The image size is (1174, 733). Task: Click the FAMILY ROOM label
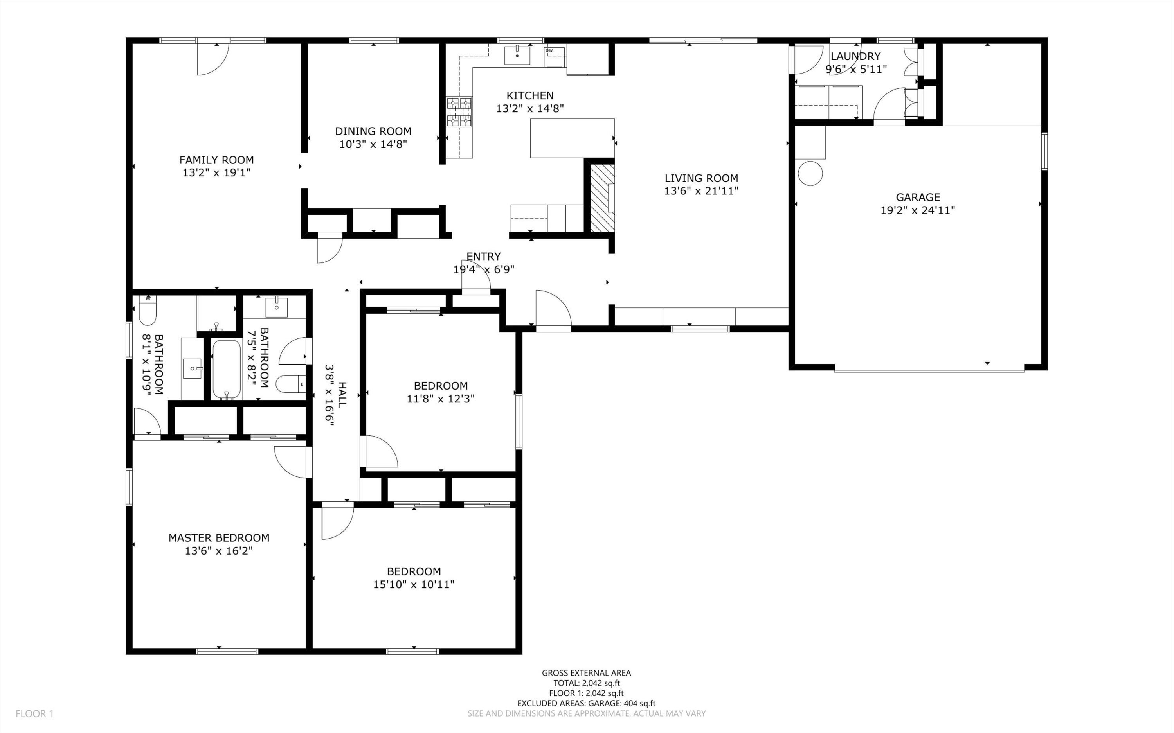coord(217,160)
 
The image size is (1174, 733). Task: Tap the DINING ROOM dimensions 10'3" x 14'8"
coord(373,144)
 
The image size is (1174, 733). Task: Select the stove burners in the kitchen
coord(459,111)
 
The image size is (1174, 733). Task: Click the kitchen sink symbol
coord(517,55)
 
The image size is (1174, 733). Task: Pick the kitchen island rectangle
coord(572,138)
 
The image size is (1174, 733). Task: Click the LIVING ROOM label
coord(701,178)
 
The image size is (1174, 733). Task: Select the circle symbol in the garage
coord(810,173)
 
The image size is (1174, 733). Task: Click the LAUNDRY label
coord(856,56)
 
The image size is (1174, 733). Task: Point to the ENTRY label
coord(483,257)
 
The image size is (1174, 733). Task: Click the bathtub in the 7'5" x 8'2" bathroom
coord(227,369)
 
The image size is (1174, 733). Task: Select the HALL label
coord(342,395)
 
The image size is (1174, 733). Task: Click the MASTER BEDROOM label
coord(219,538)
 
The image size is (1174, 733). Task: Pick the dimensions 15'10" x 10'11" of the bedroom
coord(414,585)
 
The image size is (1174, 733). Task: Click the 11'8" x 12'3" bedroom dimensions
coord(440,399)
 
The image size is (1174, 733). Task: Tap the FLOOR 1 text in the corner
coord(34,713)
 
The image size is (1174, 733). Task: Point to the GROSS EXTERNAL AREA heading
coord(586,673)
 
